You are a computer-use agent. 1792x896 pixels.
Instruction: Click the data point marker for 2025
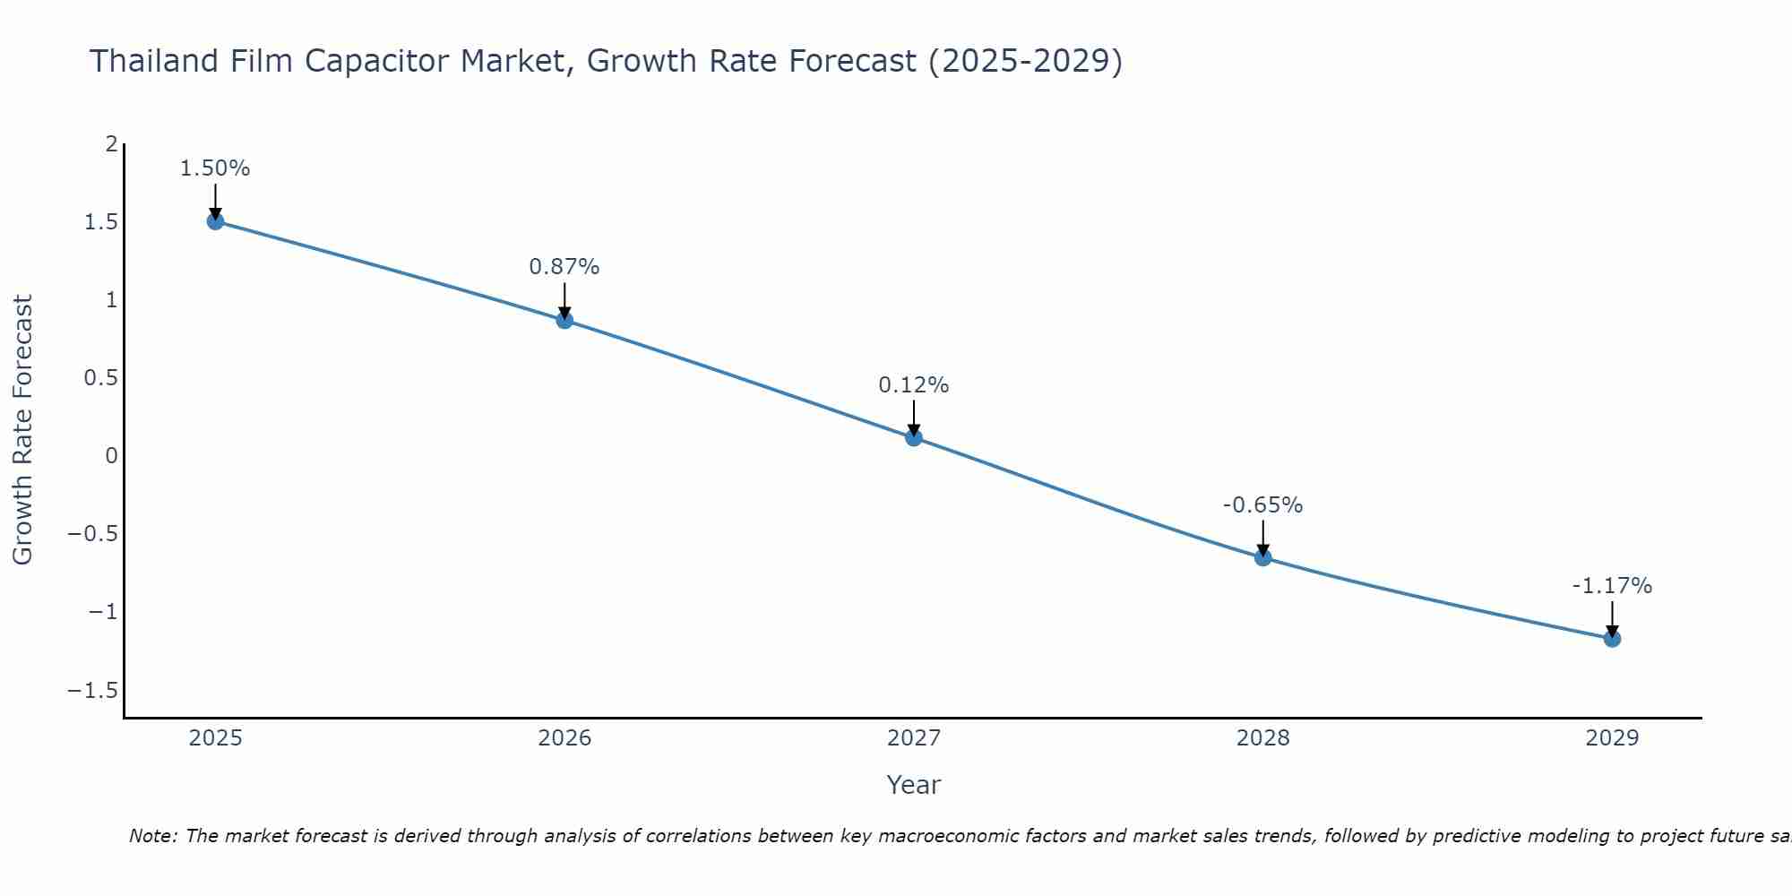coord(215,221)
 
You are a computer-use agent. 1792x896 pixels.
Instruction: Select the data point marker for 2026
coord(564,320)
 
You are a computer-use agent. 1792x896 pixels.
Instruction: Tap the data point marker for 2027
coord(914,437)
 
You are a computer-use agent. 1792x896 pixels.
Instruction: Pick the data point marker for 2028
coord(1263,557)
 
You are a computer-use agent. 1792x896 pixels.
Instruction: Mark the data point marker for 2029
coord(1612,639)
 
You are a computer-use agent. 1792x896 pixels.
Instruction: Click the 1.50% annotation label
coord(215,168)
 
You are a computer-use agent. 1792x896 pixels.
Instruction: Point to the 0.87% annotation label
coord(564,267)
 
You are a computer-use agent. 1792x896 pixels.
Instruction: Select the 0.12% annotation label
coord(914,385)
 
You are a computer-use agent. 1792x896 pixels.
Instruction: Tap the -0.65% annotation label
coord(1263,505)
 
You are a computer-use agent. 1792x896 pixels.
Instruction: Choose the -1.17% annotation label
coord(1612,586)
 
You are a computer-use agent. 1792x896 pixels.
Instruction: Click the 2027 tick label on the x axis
coord(914,738)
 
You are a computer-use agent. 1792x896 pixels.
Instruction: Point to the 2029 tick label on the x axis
coord(1612,738)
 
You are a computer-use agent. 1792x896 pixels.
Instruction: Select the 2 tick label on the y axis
coord(112,143)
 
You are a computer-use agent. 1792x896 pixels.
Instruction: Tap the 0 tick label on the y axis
coord(112,455)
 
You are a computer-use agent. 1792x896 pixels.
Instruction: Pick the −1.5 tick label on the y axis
coord(93,690)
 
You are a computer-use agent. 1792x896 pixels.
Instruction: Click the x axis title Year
coord(914,785)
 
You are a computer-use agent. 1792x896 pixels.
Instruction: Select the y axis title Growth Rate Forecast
coord(23,430)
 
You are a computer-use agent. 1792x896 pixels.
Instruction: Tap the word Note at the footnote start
coord(153,836)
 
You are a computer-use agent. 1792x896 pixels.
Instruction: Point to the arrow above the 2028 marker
coord(1263,538)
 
